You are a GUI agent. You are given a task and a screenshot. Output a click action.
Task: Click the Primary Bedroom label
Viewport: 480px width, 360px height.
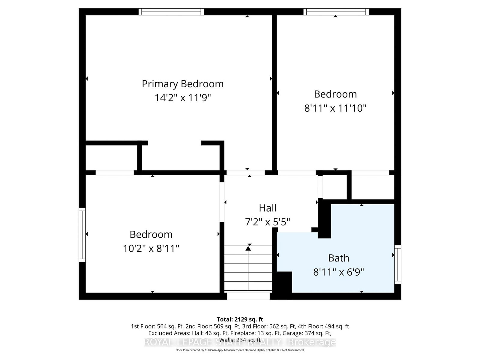183,84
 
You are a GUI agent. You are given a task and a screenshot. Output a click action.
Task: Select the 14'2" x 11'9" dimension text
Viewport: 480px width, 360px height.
183,98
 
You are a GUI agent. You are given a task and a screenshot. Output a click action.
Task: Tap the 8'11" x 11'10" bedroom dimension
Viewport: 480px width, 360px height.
335,108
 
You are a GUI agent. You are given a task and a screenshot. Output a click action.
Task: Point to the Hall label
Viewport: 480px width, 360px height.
268,208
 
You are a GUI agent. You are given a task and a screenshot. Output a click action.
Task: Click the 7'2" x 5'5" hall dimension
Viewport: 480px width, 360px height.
268,222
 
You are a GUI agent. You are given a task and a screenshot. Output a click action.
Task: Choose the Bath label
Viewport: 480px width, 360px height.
338,258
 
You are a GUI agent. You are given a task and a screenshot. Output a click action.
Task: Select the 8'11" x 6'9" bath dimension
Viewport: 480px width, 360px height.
338,272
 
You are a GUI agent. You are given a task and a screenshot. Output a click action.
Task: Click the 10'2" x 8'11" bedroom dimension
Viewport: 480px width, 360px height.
151,248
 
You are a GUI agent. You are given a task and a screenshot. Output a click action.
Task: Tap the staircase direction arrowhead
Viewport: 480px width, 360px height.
248,248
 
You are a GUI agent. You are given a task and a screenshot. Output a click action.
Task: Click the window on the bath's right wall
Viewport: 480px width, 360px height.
397,264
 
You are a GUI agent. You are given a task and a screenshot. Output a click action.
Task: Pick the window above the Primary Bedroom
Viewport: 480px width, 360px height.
171,12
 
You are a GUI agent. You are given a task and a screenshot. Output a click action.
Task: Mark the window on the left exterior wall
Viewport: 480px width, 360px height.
82,235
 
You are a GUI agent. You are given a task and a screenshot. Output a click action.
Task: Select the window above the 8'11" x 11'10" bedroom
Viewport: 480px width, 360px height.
336,12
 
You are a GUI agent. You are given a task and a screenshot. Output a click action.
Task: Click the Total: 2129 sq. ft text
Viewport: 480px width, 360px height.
240,319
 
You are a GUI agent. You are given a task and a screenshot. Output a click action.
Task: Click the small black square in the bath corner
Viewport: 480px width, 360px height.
284,282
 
